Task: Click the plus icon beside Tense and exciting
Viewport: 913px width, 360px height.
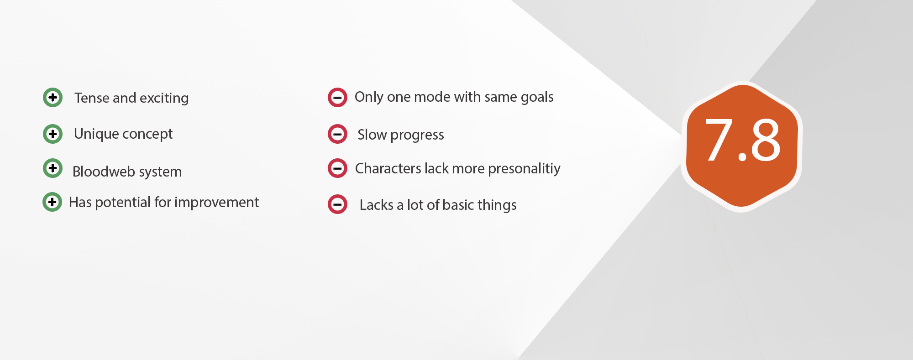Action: [52, 97]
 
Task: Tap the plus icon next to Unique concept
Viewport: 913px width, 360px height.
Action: [52, 134]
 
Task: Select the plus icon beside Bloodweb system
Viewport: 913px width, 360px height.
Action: [52, 168]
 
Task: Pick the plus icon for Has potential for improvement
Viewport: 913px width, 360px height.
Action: [52, 202]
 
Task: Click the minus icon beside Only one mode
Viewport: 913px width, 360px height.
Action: [337, 97]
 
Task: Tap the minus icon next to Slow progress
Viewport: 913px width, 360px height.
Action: [337, 134]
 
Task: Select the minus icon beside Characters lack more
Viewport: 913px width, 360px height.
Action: [337, 168]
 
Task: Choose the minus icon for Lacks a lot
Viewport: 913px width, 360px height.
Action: [337, 204]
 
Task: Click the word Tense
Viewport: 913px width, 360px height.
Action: [92, 98]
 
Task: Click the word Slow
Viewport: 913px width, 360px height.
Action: [372, 135]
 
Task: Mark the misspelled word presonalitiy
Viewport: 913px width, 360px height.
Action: [524, 169]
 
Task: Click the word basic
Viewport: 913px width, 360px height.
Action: [458, 205]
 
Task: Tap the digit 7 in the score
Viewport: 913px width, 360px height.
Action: [719, 140]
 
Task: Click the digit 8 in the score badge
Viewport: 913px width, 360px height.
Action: [766, 140]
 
